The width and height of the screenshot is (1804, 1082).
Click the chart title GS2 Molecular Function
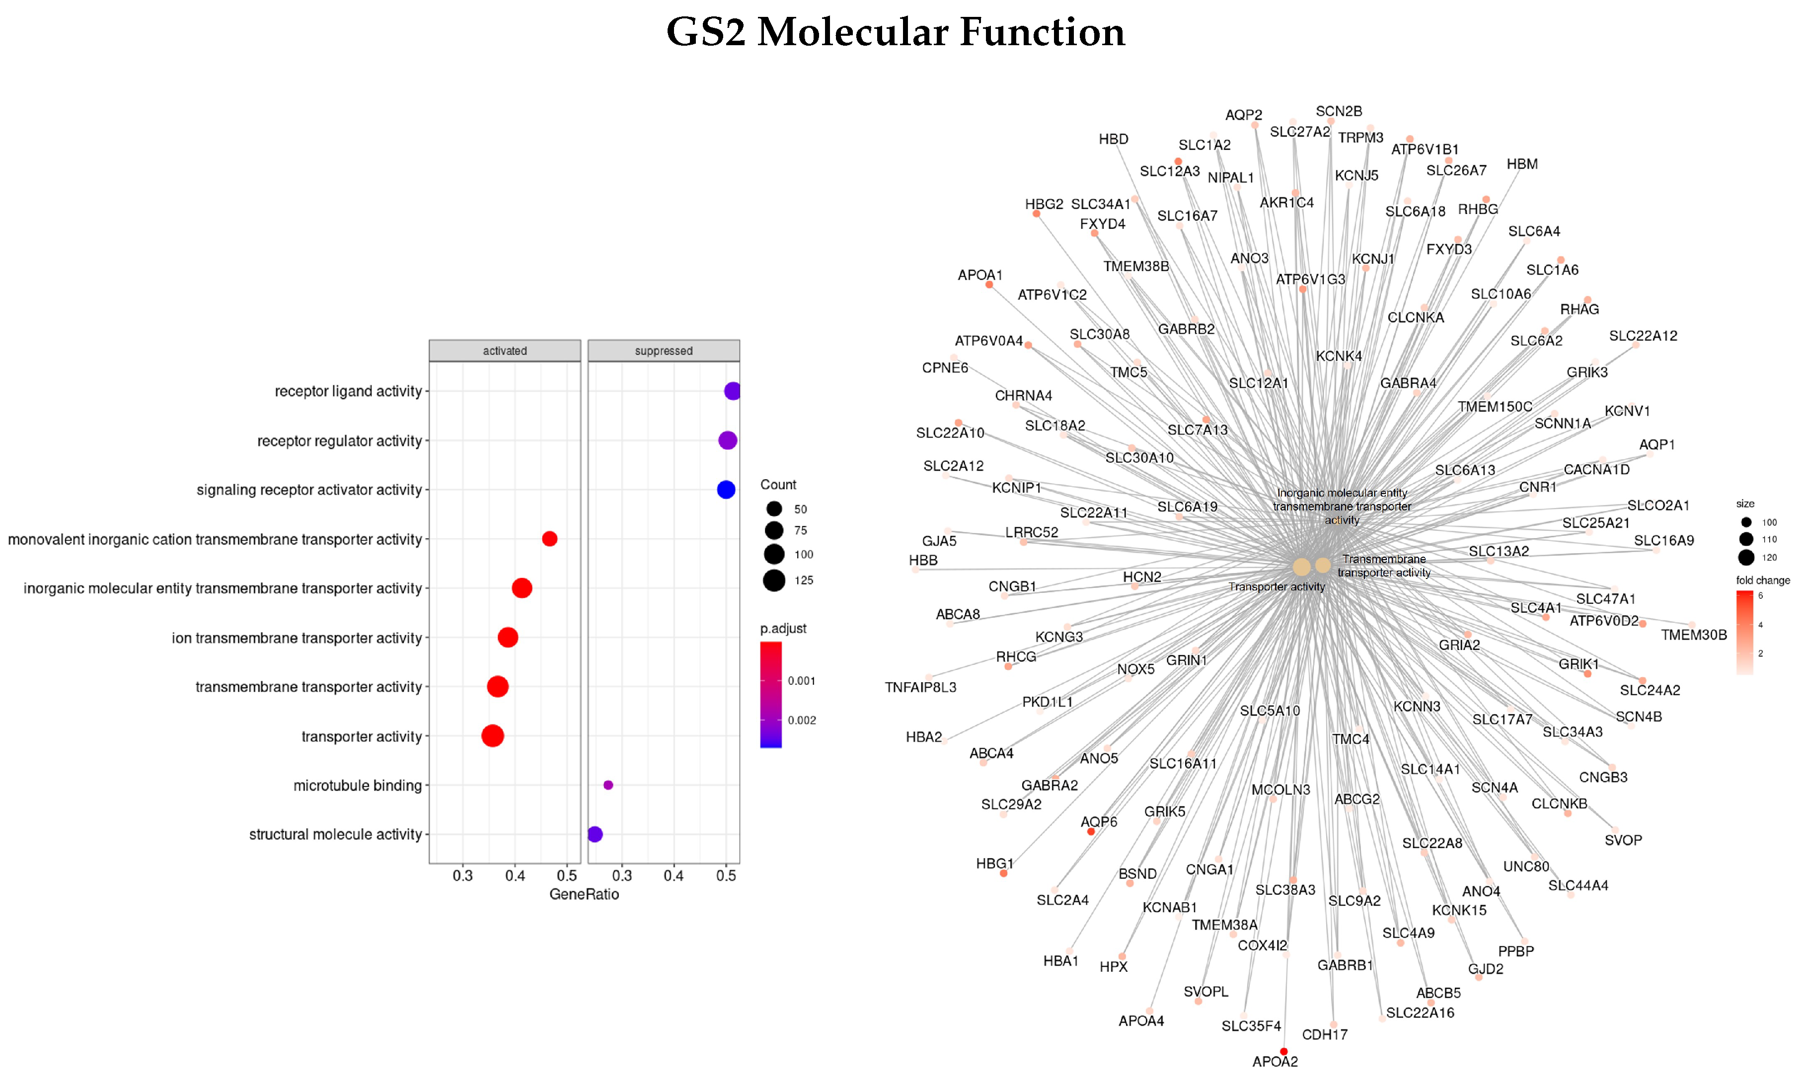[896, 33]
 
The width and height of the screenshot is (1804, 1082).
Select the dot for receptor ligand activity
[732, 391]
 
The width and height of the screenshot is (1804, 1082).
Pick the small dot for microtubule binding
[608, 785]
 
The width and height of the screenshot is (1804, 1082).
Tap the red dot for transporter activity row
[493, 736]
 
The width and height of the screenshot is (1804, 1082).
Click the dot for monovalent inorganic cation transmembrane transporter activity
[550, 539]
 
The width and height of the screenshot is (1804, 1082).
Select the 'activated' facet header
[505, 351]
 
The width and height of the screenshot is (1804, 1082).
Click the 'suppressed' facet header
[664, 351]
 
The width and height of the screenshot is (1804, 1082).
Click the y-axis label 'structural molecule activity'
[335, 834]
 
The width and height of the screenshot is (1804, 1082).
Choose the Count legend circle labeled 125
[774, 580]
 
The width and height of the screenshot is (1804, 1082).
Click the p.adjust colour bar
[771, 694]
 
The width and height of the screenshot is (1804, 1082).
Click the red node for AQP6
[1091, 831]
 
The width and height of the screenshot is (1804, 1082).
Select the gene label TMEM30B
[1693, 635]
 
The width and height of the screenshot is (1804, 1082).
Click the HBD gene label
[1114, 139]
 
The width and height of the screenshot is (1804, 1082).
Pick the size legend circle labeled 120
[1746, 558]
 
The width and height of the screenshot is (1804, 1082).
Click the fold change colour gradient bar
[1745, 632]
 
